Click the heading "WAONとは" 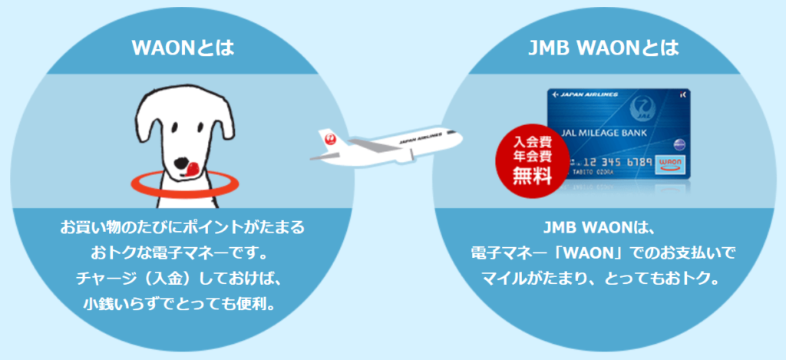pyautogui.click(x=183, y=48)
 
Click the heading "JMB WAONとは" pyautogui.click(x=604, y=48)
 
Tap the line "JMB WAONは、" pyautogui.click(x=604, y=228)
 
